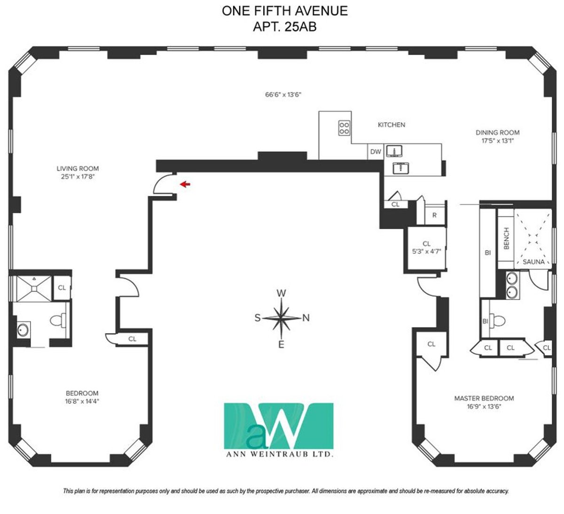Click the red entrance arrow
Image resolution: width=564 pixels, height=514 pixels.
[x=185, y=185]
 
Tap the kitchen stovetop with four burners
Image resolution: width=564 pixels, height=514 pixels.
[x=344, y=128]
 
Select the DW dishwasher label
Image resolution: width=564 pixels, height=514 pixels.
[x=376, y=152]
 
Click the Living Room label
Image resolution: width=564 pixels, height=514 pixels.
[x=78, y=168]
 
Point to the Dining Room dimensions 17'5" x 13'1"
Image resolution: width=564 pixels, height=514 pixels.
[x=497, y=140]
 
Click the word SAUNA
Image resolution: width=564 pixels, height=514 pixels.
[x=533, y=262]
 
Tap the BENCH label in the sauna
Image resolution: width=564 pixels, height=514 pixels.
[x=506, y=238]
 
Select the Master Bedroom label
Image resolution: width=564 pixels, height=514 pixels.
[x=484, y=398]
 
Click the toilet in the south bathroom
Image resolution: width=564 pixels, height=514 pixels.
[x=58, y=320]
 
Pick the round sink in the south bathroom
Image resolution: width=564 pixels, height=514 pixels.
[x=23, y=329]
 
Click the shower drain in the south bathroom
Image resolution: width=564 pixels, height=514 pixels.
[x=34, y=288]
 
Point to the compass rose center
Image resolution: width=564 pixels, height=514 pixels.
[x=281, y=318]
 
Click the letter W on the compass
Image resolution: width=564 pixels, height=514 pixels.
[x=281, y=293]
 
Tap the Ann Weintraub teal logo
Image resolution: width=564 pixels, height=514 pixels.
[x=279, y=426]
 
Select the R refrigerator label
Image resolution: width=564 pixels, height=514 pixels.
[x=434, y=215]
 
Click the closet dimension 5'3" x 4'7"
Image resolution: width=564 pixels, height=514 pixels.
[x=426, y=251]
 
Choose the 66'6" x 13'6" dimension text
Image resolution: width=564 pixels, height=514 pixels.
[x=283, y=94]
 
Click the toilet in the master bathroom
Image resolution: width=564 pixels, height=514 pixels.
[x=497, y=321]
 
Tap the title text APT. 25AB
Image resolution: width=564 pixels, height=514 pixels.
[x=285, y=27]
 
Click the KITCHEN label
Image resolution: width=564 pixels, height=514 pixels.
[x=392, y=125]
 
